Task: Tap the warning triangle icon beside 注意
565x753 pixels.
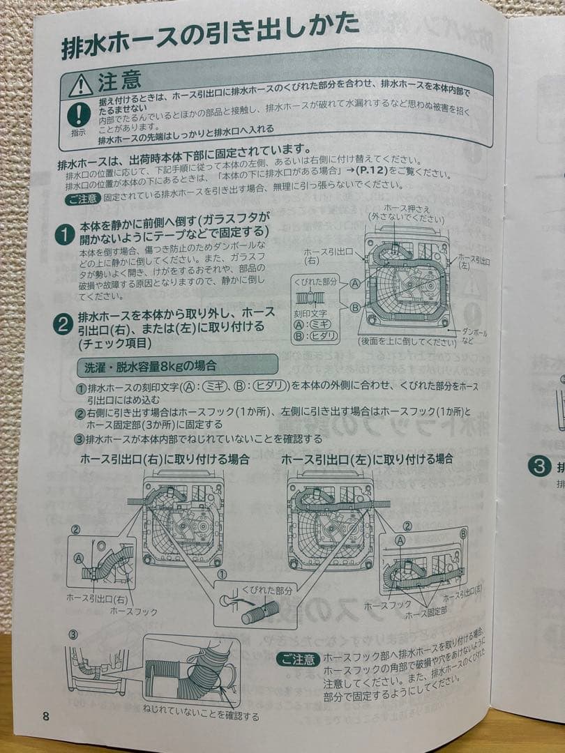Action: click(81, 85)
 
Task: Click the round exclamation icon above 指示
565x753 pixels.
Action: click(79, 114)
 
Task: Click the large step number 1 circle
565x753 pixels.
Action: click(64, 236)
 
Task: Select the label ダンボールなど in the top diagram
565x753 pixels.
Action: click(474, 337)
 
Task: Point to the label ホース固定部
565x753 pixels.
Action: click(426, 614)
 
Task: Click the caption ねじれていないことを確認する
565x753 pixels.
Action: click(200, 715)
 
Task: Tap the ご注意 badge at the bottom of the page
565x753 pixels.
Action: click(298, 658)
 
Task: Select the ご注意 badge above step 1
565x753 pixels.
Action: click(83, 198)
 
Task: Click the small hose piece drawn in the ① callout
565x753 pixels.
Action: click(259, 613)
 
